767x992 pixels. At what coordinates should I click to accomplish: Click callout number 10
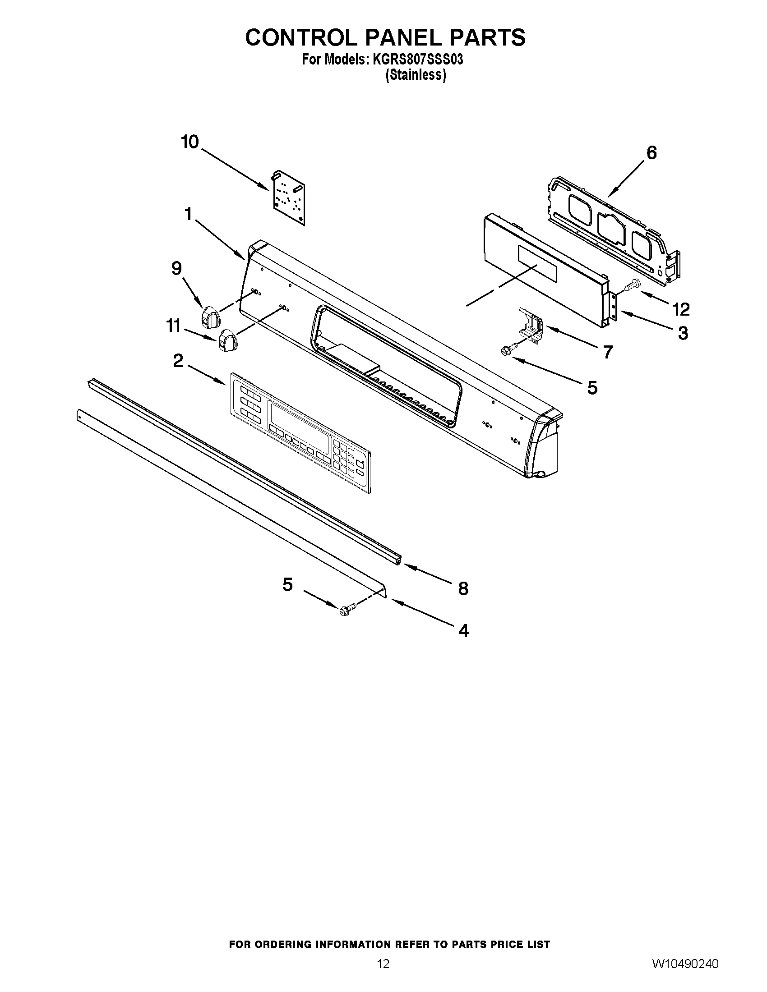[x=190, y=142]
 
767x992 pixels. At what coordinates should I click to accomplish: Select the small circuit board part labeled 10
[x=289, y=198]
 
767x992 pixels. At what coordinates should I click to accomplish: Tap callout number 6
[x=651, y=153]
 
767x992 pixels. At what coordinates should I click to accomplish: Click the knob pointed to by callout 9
[x=210, y=316]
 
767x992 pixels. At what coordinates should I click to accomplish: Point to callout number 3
[x=683, y=333]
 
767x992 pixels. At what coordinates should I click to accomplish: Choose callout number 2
[x=178, y=361]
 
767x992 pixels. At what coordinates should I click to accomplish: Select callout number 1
[x=188, y=214]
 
